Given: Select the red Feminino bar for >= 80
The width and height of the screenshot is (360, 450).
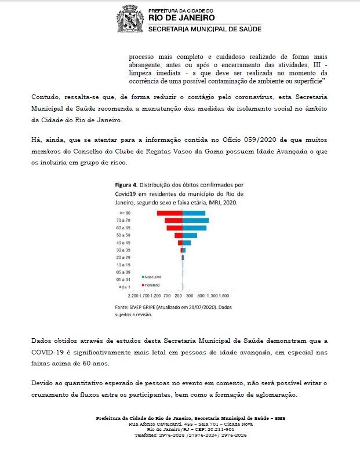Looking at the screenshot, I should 170,214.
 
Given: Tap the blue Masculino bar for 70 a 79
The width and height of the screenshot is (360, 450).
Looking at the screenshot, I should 196,221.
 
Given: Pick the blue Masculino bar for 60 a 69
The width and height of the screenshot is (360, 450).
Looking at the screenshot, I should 195,228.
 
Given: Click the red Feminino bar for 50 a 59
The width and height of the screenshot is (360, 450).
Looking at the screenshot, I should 179,235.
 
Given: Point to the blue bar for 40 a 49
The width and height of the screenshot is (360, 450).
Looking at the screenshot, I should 187,243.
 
